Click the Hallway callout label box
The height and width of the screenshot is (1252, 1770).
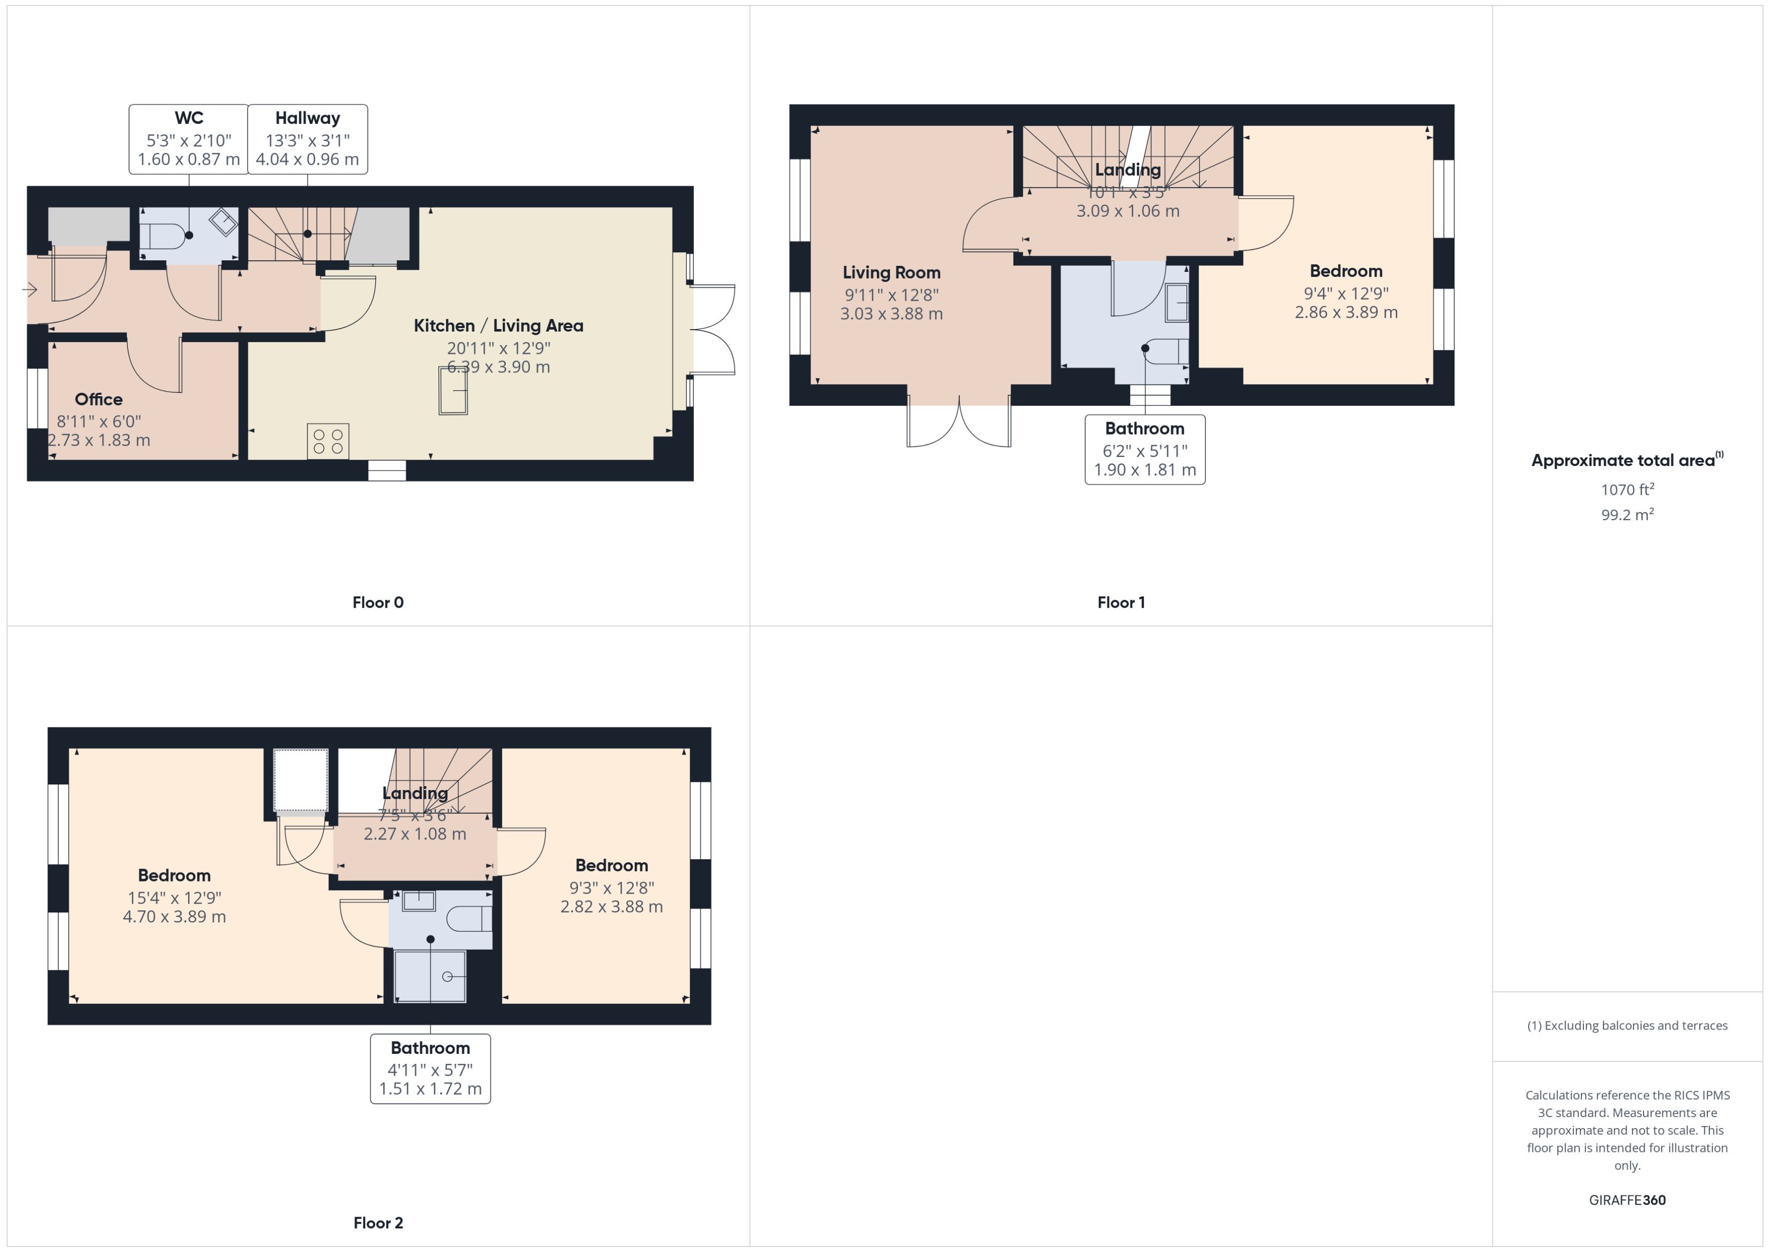(307, 140)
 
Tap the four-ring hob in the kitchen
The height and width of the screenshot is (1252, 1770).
(328, 441)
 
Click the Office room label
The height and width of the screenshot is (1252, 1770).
(99, 399)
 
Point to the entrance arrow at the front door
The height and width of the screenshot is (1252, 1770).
(30, 290)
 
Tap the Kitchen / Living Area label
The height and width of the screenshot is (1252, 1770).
(498, 326)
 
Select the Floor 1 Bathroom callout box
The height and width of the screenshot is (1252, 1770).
(1144, 449)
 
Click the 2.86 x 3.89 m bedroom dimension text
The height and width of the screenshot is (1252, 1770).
(1346, 312)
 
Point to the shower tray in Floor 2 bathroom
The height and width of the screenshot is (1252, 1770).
(430, 976)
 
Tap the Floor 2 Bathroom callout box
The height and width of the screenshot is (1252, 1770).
(430, 1069)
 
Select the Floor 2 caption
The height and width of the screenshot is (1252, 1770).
(378, 1223)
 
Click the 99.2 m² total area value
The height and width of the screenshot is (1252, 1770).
(1627, 514)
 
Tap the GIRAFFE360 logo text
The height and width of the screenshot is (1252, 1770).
(1627, 1200)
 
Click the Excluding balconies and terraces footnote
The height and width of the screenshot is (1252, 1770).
(1627, 1026)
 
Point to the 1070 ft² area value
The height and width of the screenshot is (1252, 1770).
(1627, 490)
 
